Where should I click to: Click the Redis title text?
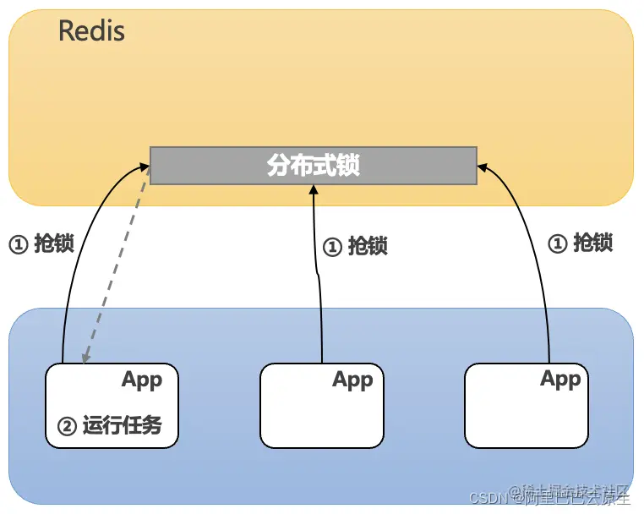tap(91, 32)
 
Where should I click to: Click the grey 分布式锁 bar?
tap(313, 165)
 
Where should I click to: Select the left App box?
tap(112, 405)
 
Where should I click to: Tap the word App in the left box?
tap(142, 380)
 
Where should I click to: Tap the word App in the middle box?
tap(352, 380)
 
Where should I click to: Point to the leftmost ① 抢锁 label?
tap(41, 244)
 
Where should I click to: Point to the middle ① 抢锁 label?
tap(356, 246)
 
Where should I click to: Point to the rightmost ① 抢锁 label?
tap(581, 243)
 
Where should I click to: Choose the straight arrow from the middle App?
tap(318, 279)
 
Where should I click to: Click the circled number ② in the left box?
tap(67, 426)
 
